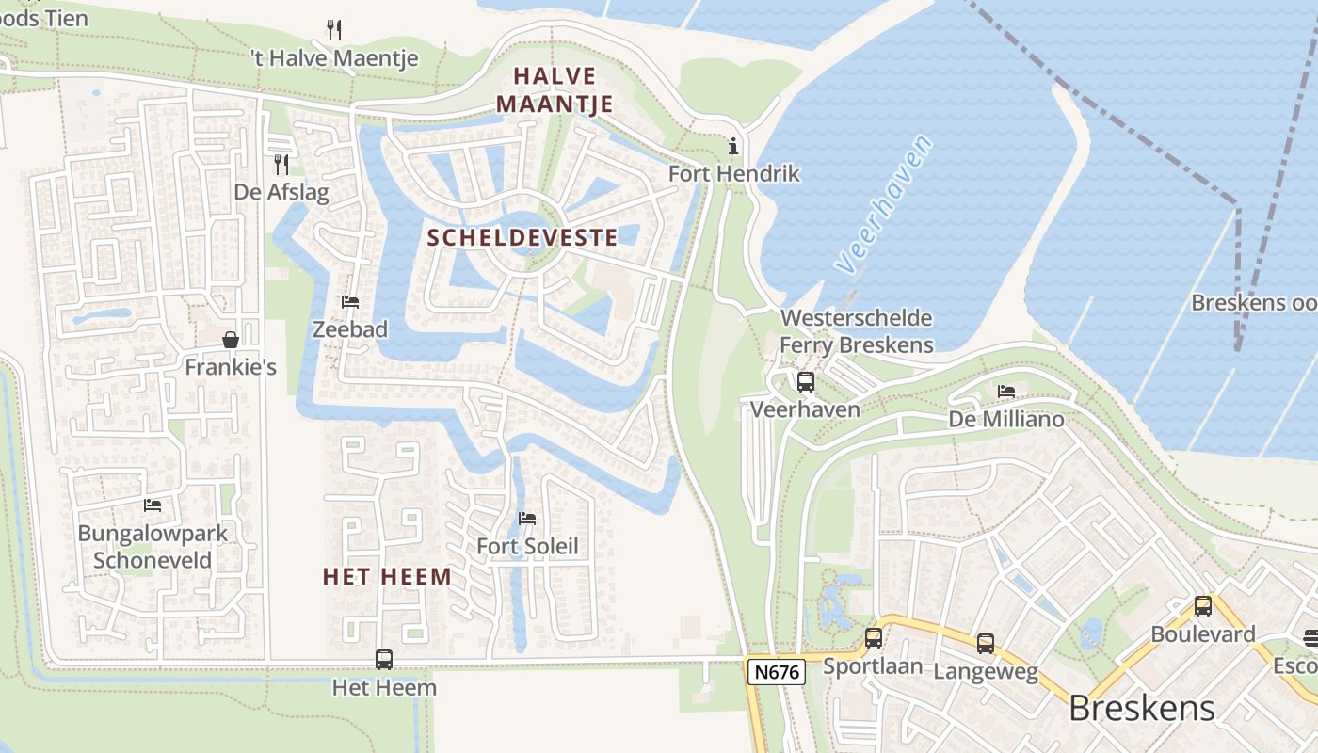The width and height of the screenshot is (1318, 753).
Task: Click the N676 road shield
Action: click(x=777, y=672)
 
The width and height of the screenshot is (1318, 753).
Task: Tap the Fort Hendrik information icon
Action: click(x=733, y=146)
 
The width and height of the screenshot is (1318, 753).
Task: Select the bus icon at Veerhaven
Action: click(x=805, y=381)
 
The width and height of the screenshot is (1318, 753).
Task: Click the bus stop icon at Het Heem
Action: click(x=384, y=659)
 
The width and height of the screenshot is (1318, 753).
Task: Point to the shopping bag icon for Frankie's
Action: click(x=231, y=339)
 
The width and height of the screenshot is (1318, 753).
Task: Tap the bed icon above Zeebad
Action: click(x=350, y=302)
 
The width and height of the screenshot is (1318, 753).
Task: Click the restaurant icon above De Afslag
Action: click(x=281, y=165)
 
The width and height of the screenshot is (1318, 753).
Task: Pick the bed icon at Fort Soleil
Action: click(x=527, y=519)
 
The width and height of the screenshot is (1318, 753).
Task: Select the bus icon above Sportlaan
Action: click(x=874, y=638)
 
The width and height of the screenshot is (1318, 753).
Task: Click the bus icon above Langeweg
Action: click(x=985, y=644)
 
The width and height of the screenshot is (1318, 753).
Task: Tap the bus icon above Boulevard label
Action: click(x=1202, y=606)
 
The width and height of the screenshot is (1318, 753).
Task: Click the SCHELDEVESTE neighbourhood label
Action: click(x=522, y=237)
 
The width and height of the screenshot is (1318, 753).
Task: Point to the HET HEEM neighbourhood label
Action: click(x=387, y=576)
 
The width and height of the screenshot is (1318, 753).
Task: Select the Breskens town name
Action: click(x=1142, y=707)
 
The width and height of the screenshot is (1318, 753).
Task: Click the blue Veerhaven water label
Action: click(x=886, y=204)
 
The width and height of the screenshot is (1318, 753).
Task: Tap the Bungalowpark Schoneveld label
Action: click(x=153, y=547)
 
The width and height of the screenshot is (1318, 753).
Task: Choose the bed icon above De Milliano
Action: click(x=1006, y=391)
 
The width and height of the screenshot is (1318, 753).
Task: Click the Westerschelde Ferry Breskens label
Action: click(x=856, y=331)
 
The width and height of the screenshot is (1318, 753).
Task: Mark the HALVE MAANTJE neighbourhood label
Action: click(x=555, y=89)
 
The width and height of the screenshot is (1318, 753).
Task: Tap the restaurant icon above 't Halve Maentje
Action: click(x=334, y=30)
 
